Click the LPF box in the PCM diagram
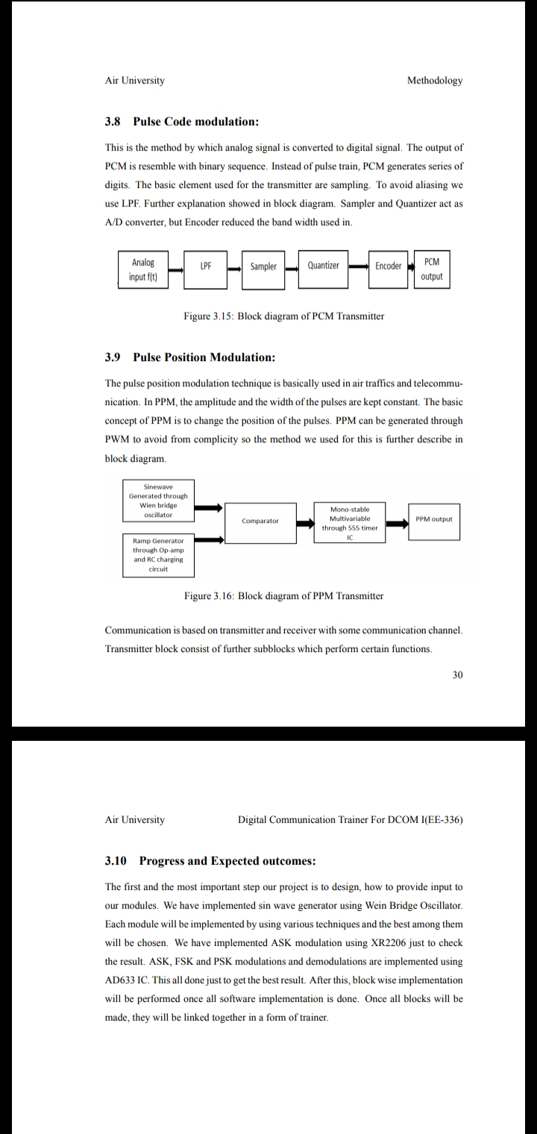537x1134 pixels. pyautogui.click(x=206, y=267)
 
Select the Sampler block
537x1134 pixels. pyautogui.click(x=263, y=267)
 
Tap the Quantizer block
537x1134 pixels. pyautogui.click(x=323, y=267)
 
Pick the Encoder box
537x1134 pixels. pyautogui.click(x=388, y=267)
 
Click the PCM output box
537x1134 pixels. pyautogui.click(x=431, y=269)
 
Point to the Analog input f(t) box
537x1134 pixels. pyautogui.click(x=143, y=269)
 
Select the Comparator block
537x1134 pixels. pyautogui.click(x=260, y=521)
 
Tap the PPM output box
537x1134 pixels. pyautogui.click(x=433, y=519)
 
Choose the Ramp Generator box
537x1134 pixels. pyautogui.click(x=158, y=554)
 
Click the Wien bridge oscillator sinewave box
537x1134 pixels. pyautogui.click(x=158, y=501)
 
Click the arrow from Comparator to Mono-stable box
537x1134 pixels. pyautogui.click(x=305, y=522)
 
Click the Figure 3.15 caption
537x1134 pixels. pyautogui.click(x=283, y=316)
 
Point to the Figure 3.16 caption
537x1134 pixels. pyautogui.click(x=283, y=596)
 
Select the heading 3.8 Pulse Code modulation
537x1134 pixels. pyautogui.click(x=182, y=122)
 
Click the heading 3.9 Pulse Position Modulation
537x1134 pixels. pyautogui.click(x=190, y=357)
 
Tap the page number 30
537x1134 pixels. pyautogui.click(x=457, y=675)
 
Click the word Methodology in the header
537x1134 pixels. pyautogui.click(x=435, y=81)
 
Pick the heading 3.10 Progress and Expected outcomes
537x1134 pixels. pyautogui.click(x=210, y=861)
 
